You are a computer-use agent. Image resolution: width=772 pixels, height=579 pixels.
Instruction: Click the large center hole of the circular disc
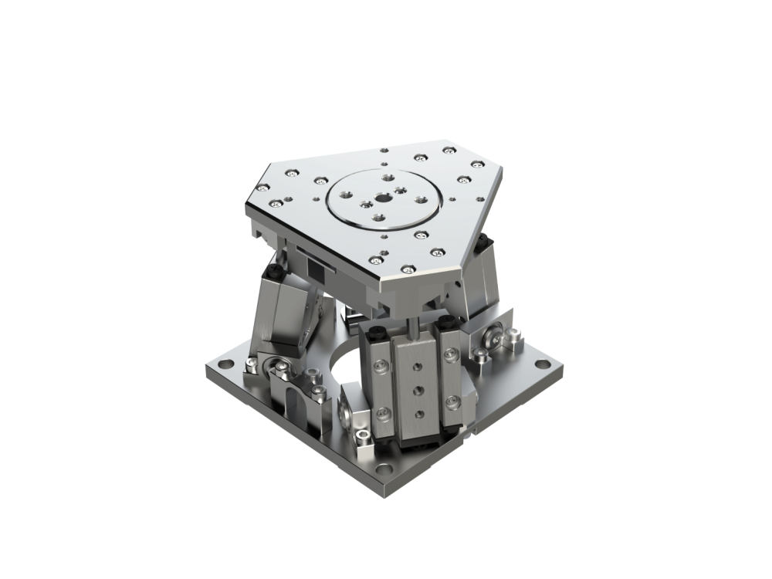click(383, 198)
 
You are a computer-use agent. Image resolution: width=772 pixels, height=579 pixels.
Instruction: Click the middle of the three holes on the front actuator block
click(418, 388)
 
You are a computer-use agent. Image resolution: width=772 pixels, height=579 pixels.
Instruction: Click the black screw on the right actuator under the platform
click(484, 243)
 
